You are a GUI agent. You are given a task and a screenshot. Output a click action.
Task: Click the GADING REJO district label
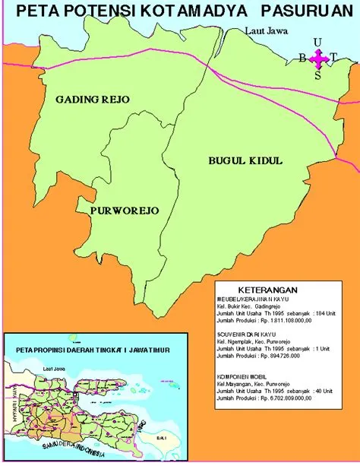pyautogui.click(x=93, y=100)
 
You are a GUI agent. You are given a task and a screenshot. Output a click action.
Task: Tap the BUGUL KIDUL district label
pyautogui.click(x=245, y=160)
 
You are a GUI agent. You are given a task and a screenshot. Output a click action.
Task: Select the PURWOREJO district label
pyautogui.click(x=124, y=211)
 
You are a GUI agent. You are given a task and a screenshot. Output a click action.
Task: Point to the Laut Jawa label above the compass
pyautogui.click(x=267, y=31)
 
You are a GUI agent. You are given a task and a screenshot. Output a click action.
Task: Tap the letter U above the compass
pyautogui.click(x=317, y=42)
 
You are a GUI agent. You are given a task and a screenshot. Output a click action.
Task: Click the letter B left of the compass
pyautogui.click(x=302, y=59)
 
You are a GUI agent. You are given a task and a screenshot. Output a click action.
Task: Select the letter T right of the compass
pyautogui.click(x=333, y=59)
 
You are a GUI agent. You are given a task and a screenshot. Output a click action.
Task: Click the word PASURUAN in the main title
pyautogui.click(x=302, y=12)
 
